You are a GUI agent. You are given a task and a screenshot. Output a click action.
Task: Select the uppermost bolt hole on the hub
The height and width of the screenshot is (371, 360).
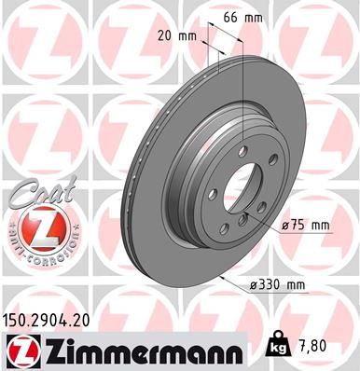pyautogui.click(x=243, y=151)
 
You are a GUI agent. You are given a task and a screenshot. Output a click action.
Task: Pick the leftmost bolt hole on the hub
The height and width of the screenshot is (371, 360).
pyautogui.click(x=213, y=193)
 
